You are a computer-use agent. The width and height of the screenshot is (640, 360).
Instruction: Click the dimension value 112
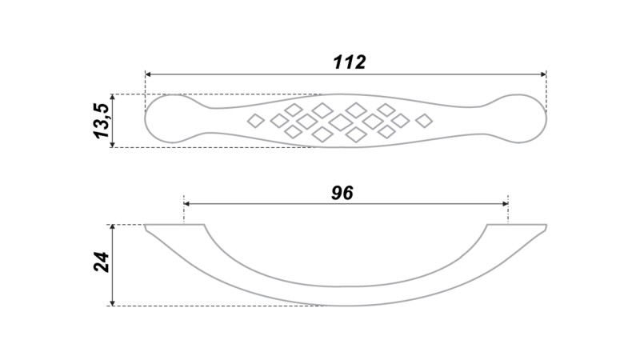[350, 62]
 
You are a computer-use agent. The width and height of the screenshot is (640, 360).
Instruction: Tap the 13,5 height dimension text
[102, 121]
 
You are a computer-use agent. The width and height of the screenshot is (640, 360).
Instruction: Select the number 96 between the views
[342, 193]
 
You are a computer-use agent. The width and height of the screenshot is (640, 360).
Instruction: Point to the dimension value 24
[102, 262]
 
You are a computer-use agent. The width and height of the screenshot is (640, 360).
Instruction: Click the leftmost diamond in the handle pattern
[256, 121]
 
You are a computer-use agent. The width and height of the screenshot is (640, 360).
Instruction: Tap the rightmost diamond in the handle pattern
[424, 121]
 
